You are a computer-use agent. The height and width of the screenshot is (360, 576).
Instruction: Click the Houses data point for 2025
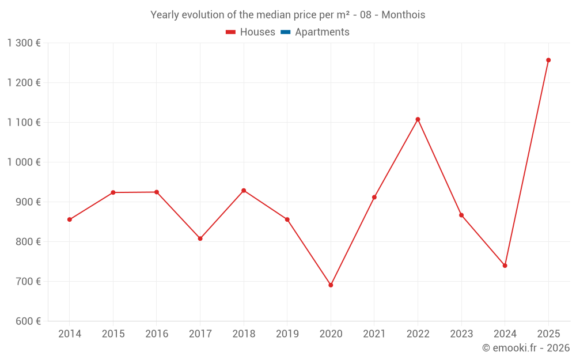click(548, 60)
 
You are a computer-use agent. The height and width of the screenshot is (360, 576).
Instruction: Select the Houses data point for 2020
click(331, 285)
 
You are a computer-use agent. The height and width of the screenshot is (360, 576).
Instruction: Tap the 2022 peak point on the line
click(418, 119)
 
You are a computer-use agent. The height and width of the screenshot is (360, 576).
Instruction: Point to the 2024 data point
click(505, 266)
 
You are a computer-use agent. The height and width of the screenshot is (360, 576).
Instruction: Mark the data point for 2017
click(200, 238)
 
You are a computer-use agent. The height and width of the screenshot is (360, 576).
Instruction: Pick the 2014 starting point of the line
click(70, 219)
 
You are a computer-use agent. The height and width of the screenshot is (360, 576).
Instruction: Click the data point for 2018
click(244, 191)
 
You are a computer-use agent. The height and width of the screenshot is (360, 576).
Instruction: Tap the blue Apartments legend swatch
click(286, 32)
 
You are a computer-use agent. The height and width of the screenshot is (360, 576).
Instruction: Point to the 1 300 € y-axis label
click(24, 43)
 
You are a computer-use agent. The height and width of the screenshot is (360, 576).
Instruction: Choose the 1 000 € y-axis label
click(24, 162)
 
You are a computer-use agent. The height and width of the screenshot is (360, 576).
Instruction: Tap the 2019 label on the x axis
click(287, 334)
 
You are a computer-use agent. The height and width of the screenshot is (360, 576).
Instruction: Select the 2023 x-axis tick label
click(461, 334)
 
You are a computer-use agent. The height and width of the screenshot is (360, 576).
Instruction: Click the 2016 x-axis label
click(157, 334)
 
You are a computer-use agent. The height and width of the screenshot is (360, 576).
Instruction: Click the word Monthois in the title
click(403, 15)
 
